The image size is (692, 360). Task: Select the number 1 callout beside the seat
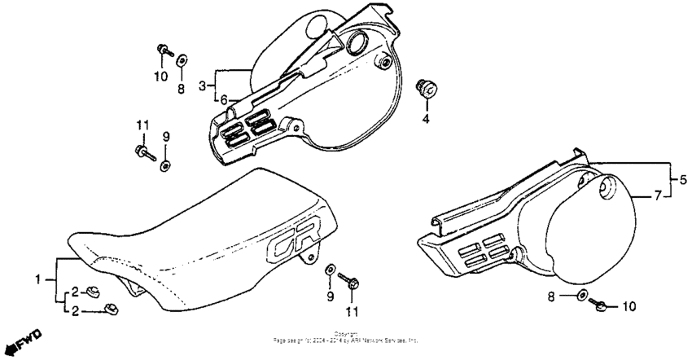[x=38, y=279]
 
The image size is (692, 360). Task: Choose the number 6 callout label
[x=658, y=196]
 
